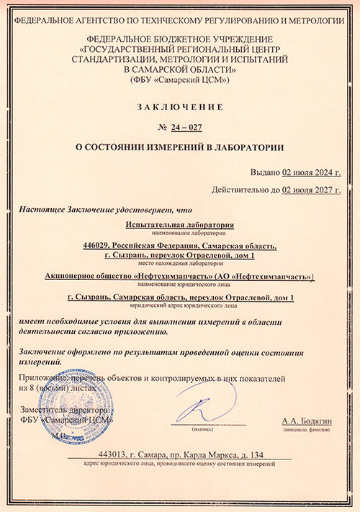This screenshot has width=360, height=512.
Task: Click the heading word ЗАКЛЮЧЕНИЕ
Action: (x=180, y=107)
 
